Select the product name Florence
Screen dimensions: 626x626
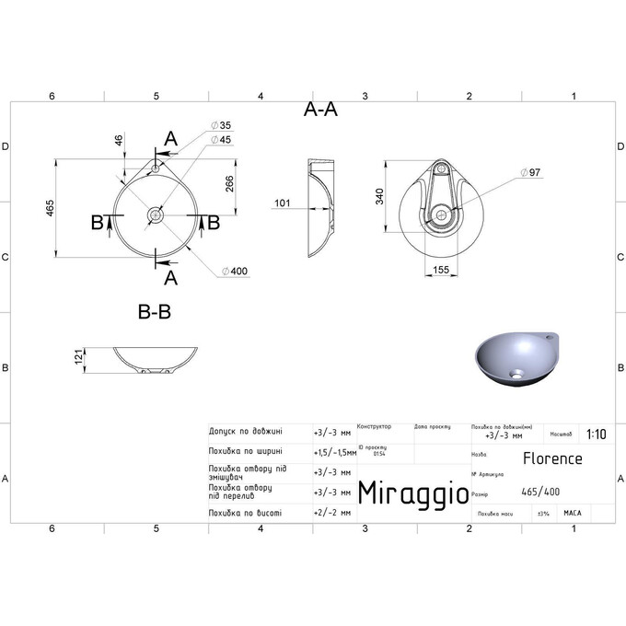[x=552, y=458]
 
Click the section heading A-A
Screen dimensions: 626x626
[x=320, y=110]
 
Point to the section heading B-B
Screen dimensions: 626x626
[x=154, y=312]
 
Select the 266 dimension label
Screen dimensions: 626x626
[x=229, y=185]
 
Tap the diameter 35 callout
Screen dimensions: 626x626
[x=222, y=124]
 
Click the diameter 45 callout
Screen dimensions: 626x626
[x=222, y=139]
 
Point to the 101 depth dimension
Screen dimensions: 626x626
[x=282, y=203]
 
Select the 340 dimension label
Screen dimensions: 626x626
[x=378, y=197]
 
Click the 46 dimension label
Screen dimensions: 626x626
[x=118, y=141]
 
